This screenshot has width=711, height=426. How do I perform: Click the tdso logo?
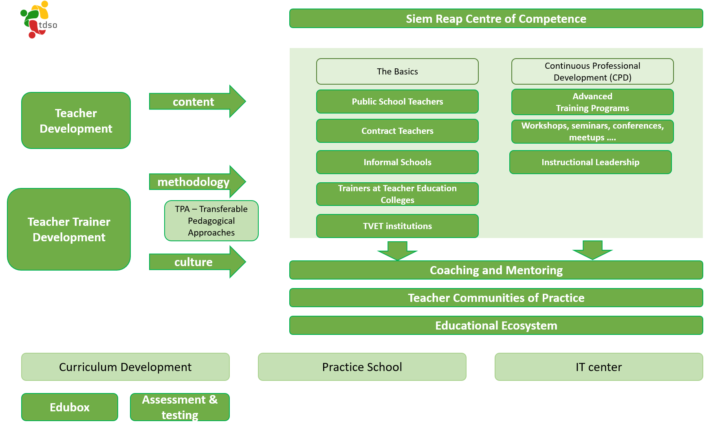tap(38, 20)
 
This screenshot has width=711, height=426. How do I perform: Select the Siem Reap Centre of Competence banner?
tap(496, 19)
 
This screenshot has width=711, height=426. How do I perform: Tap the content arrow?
tap(197, 101)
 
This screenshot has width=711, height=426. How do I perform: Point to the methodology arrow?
tap(197, 181)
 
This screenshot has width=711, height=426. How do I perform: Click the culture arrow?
tap(197, 262)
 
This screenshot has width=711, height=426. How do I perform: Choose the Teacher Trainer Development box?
tap(69, 229)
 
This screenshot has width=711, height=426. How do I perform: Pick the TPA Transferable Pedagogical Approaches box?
tap(211, 221)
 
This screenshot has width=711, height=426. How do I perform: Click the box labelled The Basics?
tap(397, 71)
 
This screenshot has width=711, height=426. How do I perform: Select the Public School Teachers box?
tap(397, 101)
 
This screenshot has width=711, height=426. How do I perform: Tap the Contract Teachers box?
tap(397, 131)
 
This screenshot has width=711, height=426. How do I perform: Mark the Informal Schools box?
tap(397, 162)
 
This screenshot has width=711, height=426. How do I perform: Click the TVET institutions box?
tap(397, 226)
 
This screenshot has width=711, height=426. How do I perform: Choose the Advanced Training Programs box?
tap(592, 102)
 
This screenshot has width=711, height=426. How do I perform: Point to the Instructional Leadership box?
tap(590, 162)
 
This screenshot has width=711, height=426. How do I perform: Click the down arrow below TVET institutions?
tap(397, 250)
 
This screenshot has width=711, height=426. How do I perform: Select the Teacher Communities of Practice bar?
tap(496, 297)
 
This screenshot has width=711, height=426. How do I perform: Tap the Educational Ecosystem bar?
tap(496, 325)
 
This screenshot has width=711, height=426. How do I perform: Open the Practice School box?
tap(362, 367)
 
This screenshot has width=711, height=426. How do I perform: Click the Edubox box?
tap(70, 407)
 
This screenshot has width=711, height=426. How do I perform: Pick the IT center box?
tap(599, 367)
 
